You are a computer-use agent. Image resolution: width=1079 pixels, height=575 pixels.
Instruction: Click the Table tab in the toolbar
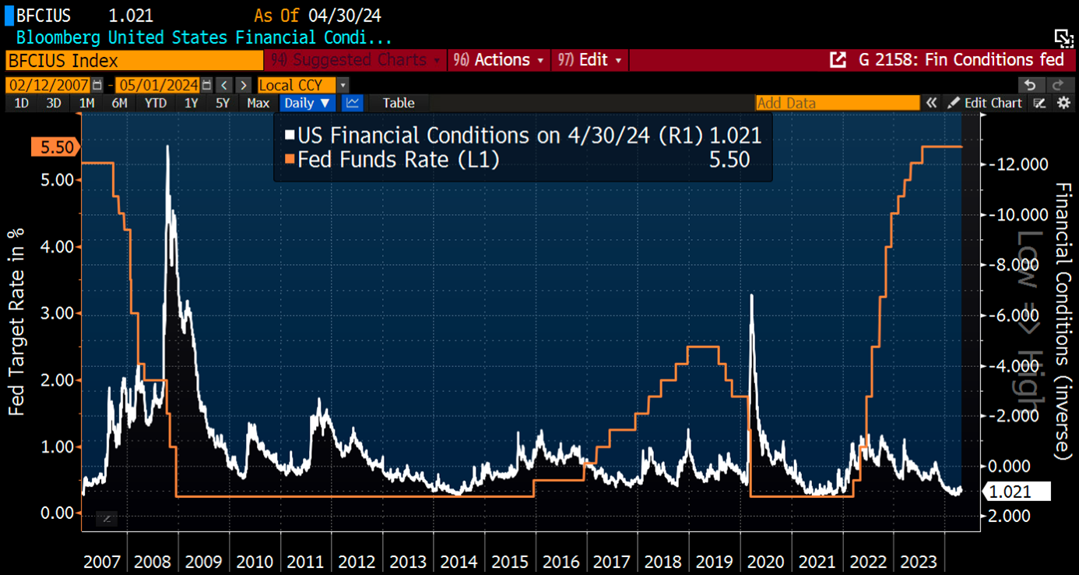click(x=399, y=103)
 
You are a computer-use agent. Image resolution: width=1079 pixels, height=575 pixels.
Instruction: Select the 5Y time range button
click(x=223, y=103)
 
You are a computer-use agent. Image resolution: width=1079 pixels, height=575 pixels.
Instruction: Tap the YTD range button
click(x=155, y=103)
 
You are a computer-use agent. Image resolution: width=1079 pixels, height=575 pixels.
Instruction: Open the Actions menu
click(x=501, y=60)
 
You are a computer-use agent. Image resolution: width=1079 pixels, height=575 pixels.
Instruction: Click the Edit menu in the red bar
click(x=589, y=60)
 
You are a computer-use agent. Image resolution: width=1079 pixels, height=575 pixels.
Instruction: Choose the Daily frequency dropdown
click(x=307, y=103)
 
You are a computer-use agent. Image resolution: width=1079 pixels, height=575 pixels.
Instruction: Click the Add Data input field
click(x=837, y=103)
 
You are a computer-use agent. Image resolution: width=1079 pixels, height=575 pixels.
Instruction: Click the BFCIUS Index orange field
click(x=134, y=60)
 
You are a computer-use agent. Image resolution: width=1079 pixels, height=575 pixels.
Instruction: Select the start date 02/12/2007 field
click(x=48, y=85)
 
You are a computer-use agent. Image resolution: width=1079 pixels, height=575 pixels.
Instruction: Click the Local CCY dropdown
click(x=302, y=85)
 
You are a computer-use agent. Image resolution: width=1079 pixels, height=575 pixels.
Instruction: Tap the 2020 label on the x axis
click(x=765, y=562)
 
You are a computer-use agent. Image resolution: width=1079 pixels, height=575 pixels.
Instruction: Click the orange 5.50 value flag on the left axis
click(x=56, y=146)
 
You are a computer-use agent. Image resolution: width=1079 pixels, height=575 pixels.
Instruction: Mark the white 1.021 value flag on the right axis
click(x=1015, y=492)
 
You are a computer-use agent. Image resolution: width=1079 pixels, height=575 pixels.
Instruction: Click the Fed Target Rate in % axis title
click(x=16, y=323)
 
